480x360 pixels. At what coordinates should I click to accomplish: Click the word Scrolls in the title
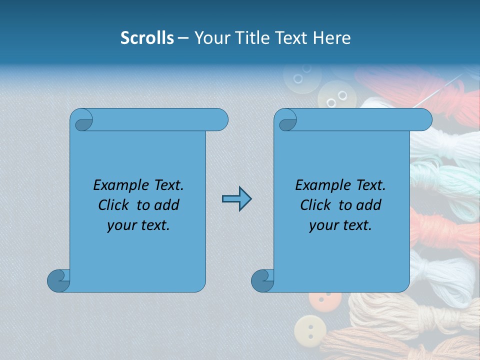(x=147, y=38)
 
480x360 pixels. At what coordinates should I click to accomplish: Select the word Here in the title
(x=332, y=38)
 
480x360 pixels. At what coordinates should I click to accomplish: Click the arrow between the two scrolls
(x=236, y=199)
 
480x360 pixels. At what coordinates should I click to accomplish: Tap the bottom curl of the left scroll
(x=58, y=280)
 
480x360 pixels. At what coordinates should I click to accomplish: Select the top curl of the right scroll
(x=286, y=120)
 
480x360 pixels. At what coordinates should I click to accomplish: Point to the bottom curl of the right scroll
(x=262, y=280)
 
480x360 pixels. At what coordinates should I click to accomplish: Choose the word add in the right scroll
(x=369, y=205)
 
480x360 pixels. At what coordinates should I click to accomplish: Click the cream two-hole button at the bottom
(x=310, y=330)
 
